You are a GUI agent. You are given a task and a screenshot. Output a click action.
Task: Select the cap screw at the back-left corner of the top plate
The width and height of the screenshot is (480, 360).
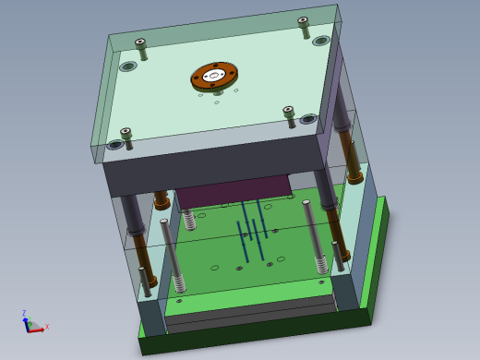tap(140, 43)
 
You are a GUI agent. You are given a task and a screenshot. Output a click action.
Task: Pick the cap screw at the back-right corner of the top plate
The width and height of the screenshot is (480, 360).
tap(303, 22)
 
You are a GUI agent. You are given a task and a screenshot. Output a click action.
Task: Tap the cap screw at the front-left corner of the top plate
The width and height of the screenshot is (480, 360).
tap(126, 134)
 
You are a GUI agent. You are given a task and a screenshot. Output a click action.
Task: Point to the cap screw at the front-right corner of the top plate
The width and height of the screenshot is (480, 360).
tap(289, 113)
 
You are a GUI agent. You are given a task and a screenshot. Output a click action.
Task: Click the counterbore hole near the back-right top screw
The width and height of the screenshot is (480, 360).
tap(321, 41)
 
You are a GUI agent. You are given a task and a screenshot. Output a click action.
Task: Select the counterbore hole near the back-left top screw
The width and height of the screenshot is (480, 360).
tap(128, 66)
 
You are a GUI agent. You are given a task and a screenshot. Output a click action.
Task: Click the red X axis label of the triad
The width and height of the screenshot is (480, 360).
tap(47, 326)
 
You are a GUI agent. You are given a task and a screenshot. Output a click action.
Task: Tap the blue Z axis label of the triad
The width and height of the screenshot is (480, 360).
tap(24, 313)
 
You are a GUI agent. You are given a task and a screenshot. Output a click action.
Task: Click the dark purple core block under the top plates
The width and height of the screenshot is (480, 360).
tap(231, 189)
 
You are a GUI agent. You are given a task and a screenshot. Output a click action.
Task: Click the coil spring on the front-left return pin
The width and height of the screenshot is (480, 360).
tap(178, 282)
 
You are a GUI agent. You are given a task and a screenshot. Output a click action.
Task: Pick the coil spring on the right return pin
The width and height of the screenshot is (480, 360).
tap(321, 263)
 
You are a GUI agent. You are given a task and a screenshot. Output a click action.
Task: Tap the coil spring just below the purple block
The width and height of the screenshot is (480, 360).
tap(190, 220)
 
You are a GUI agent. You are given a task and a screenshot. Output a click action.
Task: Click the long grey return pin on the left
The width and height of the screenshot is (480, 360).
tap(170, 249)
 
